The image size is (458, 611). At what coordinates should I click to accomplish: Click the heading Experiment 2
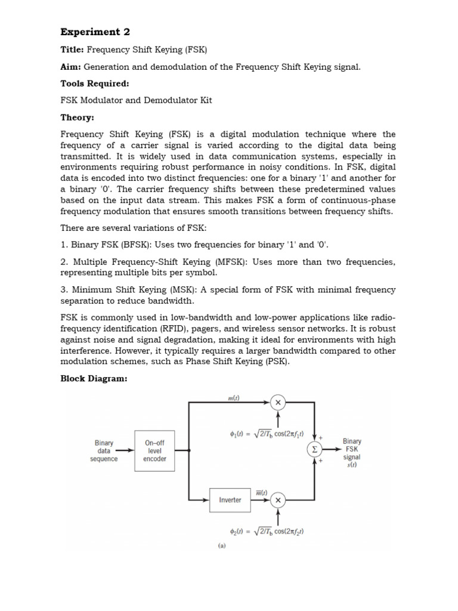click(95, 32)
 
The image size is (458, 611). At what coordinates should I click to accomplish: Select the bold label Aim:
click(71, 67)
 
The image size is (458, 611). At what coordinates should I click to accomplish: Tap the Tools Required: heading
click(95, 84)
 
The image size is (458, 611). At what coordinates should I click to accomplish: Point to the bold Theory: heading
click(78, 118)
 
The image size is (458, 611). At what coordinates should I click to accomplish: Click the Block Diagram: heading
click(94, 379)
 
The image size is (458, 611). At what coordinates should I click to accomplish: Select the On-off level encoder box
click(155, 451)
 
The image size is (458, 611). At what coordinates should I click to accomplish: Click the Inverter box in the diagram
click(230, 500)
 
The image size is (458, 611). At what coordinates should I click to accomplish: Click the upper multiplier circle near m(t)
click(278, 403)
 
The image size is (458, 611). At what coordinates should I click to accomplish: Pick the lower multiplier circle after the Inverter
click(278, 499)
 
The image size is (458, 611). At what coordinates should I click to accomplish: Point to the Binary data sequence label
click(104, 451)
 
